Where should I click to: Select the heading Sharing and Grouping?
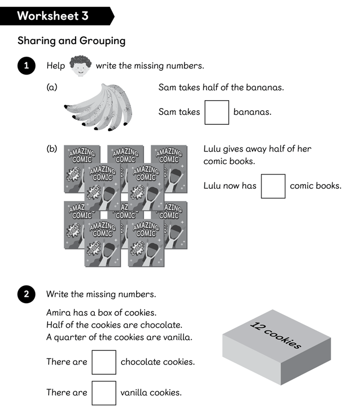[71, 40]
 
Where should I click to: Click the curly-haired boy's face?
[80, 66]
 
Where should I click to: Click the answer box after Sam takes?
[216, 112]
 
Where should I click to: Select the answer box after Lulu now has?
[273, 186]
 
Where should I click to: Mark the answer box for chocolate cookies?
[104, 362]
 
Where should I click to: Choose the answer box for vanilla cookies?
[104, 392]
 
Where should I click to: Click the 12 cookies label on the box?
[275, 335]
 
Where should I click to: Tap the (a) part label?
[51, 88]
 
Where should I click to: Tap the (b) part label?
[51, 149]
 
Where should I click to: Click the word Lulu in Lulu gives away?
[213, 149]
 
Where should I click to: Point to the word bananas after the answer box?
[252, 112]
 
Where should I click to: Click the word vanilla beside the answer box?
[135, 392]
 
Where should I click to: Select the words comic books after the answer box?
[315, 186]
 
